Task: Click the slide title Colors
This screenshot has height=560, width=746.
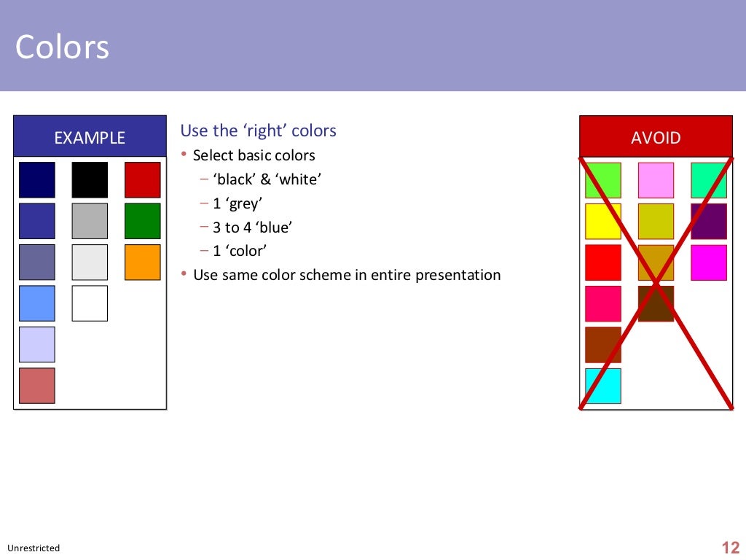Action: (x=62, y=47)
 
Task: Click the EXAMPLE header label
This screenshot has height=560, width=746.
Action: (x=90, y=138)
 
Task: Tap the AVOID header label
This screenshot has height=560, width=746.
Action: (x=656, y=138)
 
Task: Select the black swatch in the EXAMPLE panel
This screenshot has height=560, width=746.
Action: (x=90, y=180)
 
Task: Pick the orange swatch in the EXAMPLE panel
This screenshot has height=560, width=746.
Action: (x=142, y=262)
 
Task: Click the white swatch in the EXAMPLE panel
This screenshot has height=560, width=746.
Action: (x=90, y=303)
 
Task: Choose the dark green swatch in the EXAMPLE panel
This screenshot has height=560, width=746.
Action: (x=142, y=221)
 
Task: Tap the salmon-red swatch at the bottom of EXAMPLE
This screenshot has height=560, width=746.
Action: (x=37, y=386)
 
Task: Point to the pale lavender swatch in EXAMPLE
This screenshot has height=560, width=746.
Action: (x=37, y=344)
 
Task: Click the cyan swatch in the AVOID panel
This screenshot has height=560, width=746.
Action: (x=603, y=386)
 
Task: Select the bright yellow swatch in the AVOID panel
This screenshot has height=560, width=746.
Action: (x=603, y=221)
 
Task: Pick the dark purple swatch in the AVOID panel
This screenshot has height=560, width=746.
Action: (x=709, y=221)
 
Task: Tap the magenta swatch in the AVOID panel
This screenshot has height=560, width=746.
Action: (x=709, y=262)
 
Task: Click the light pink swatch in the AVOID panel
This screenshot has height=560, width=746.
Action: (x=656, y=180)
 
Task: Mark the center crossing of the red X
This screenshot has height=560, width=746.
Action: (x=656, y=282)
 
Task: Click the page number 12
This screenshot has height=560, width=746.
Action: (x=730, y=548)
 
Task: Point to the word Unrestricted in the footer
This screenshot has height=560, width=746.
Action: (x=34, y=548)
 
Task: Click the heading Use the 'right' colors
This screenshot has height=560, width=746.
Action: (x=258, y=131)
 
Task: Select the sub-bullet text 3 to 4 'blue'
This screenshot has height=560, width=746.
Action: (x=252, y=227)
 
